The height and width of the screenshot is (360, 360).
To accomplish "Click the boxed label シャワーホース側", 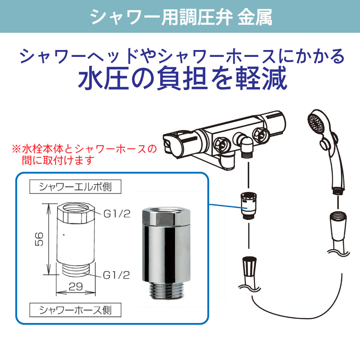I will [x=75, y=309].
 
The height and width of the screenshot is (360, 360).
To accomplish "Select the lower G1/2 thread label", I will [x=116, y=275].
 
